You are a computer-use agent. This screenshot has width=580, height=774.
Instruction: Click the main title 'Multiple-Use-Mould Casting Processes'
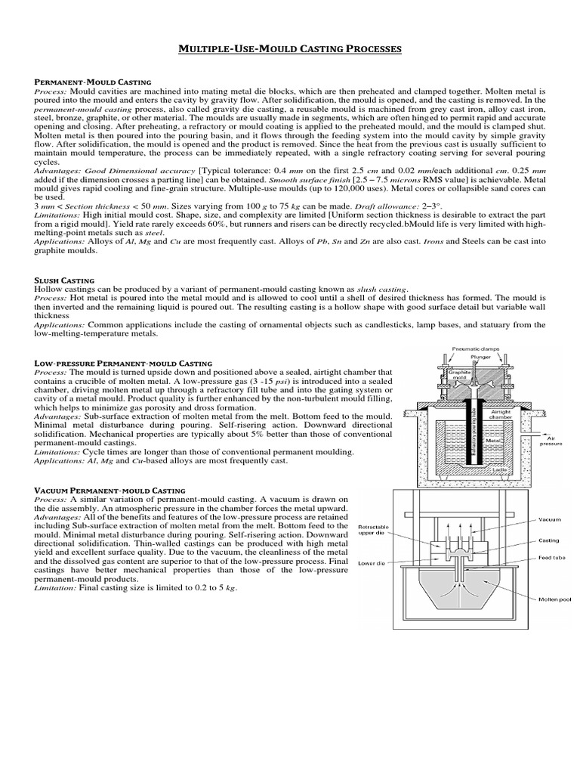pos(290,50)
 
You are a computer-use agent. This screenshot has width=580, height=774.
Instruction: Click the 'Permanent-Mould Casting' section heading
pos(93,81)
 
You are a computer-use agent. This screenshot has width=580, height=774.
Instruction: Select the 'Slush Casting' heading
pos(63,279)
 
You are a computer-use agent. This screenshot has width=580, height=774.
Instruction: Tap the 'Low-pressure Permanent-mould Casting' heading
pos(123,364)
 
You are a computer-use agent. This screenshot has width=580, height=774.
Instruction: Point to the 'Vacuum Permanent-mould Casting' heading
pos(111,491)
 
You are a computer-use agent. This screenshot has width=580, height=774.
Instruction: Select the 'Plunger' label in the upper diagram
pos(480,356)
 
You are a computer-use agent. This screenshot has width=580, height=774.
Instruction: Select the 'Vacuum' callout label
pos(549,520)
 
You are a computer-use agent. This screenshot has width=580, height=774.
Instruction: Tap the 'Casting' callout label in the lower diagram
pos(548,540)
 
